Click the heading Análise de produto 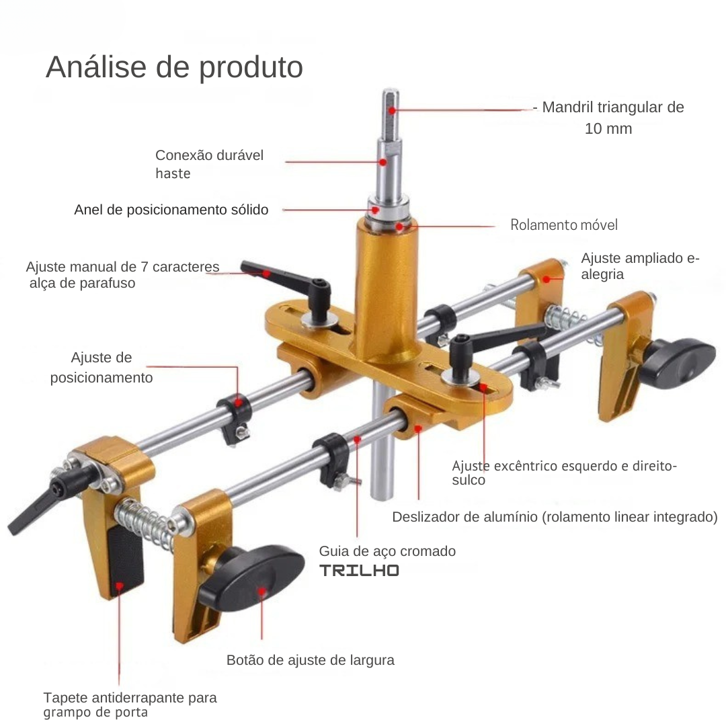tap(175, 68)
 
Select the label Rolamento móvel tap(564, 225)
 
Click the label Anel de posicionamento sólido tap(171, 210)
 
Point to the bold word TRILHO tap(359, 571)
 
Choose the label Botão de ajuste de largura tap(310, 660)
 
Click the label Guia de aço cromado tap(388, 551)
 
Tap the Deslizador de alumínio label tap(555, 517)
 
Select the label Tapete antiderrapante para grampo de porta tap(130, 704)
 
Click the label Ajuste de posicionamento tap(102, 368)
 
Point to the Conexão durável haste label tap(209, 164)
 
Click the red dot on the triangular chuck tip tap(392, 111)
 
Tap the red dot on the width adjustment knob tap(261, 592)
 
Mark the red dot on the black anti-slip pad tap(119, 586)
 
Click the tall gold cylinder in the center tap(385, 292)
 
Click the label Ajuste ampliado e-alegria tap(641, 266)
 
